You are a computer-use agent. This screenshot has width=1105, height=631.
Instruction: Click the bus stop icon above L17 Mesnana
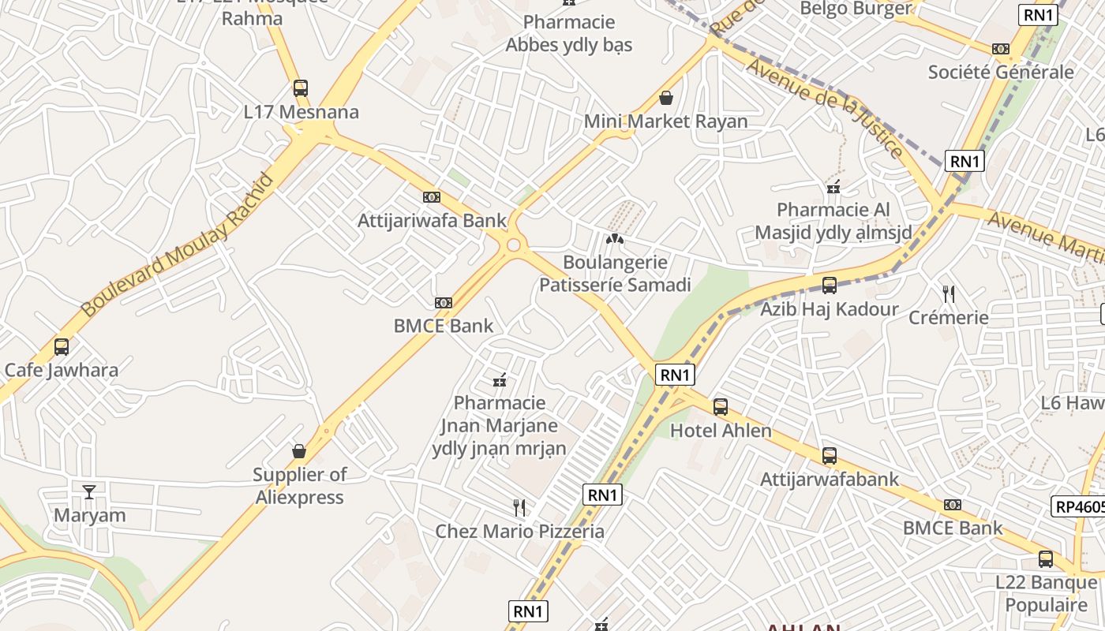click(300, 88)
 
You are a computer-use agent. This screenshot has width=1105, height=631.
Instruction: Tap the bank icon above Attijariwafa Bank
click(431, 197)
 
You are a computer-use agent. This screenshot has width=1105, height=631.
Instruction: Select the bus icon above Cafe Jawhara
click(61, 346)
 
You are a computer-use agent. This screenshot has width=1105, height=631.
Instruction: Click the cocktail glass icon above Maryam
click(89, 491)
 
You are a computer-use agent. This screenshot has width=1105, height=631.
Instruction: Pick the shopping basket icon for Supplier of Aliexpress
click(299, 451)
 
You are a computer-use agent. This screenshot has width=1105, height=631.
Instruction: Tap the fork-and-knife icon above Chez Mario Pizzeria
click(519, 507)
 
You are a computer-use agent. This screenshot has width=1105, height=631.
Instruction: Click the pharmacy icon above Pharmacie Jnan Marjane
click(499, 381)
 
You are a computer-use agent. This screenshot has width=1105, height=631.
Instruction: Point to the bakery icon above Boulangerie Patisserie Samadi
click(614, 238)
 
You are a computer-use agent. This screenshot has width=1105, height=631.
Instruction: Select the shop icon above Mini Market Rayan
click(666, 98)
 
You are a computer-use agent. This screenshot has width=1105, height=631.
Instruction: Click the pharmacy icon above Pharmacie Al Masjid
click(833, 187)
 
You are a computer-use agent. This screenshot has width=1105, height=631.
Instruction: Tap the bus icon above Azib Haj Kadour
click(829, 286)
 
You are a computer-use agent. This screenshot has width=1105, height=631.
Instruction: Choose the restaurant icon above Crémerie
click(949, 294)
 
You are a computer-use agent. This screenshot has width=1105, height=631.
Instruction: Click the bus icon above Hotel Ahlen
click(720, 407)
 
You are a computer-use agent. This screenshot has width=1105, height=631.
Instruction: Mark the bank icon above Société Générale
click(1001, 49)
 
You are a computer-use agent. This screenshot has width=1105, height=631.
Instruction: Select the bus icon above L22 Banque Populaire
click(1045, 559)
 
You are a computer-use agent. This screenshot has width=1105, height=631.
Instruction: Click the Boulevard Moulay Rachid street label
click(178, 245)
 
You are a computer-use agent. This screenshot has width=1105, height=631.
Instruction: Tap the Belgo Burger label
click(856, 9)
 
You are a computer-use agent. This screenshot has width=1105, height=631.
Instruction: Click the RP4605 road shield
click(1079, 506)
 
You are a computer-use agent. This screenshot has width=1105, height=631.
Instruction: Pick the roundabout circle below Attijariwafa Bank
click(514, 245)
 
